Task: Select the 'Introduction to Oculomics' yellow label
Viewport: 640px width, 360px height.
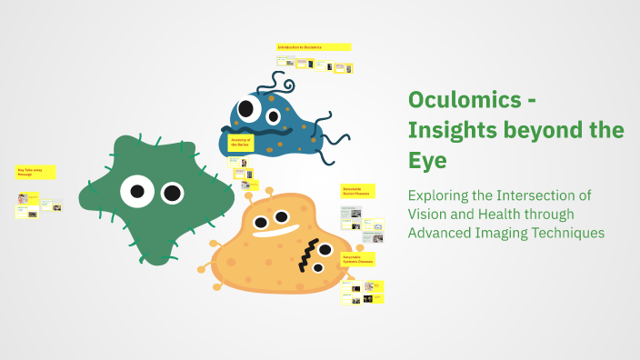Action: click(313, 46)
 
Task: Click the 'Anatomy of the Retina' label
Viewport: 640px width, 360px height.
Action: click(241, 143)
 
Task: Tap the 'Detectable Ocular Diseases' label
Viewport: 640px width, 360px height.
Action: click(357, 192)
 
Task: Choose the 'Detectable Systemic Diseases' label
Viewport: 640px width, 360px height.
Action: click(357, 260)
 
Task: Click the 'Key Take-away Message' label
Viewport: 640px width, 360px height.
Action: click(35, 172)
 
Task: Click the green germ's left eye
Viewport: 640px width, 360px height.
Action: click(137, 191)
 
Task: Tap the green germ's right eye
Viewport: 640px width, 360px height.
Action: click(172, 193)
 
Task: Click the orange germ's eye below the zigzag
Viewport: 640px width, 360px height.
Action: click(317, 267)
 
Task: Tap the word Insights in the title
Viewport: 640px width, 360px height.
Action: click(446, 130)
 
